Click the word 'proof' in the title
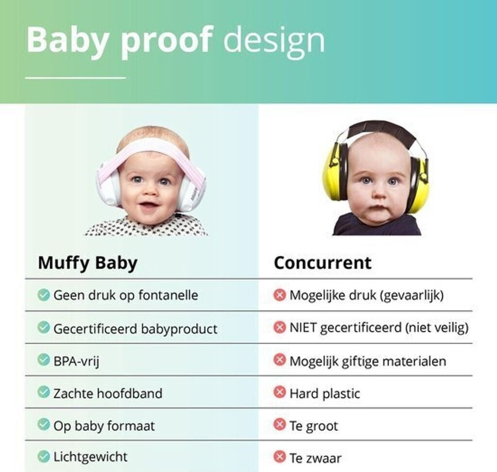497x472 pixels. click(166, 41)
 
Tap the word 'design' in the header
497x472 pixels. click(274, 41)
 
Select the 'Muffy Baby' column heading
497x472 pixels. click(87, 263)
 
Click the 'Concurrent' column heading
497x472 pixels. click(322, 263)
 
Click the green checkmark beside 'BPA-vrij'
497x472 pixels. click(44, 360)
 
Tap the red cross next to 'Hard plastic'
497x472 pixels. click(280, 392)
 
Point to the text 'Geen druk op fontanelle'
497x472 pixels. click(126, 295)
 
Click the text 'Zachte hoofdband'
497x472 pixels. click(108, 393)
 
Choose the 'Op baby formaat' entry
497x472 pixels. click(104, 426)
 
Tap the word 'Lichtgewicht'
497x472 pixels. click(90, 457)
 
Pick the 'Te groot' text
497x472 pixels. click(314, 426)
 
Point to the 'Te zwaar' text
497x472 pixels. click(315, 458)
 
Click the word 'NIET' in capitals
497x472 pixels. click(303, 327)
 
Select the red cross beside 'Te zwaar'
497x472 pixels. click(280, 457)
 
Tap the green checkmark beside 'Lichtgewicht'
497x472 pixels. click(44, 457)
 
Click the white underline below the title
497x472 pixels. click(75, 77)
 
